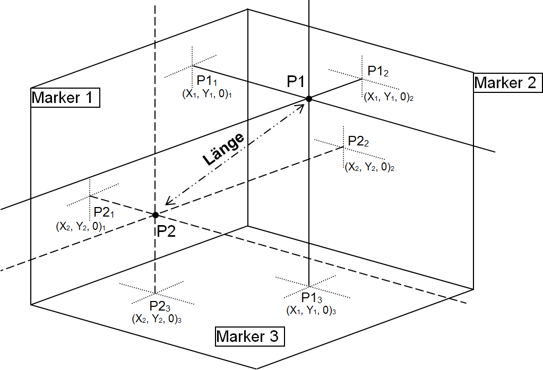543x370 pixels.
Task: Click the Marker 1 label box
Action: pyautogui.click(x=65, y=98)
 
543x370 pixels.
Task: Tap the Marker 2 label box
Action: pyautogui.click(x=507, y=82)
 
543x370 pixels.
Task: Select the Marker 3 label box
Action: pyautogui.click(x=249, y=336)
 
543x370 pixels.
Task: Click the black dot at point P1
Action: pyautogui.click(x=309, y=99)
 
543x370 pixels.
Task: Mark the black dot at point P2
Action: pyautogui.click(x=156, y=215)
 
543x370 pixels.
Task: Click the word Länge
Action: pyautogui.click(x=223, y=149)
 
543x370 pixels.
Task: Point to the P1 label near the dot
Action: pyautogui.click(x=296, y=82)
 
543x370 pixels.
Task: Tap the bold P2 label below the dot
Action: pyautogui.click(x=166, y=231)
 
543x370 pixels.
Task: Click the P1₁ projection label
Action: pyautogui.click(x=206, y=81)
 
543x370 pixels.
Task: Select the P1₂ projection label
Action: pyautogui.click(x=378, y=71)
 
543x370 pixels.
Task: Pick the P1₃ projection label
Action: pyautogui.click(x=312, y=298)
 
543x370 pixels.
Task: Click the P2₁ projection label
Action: pyautogui.click(x=104, y=212)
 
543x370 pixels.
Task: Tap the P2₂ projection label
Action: pyautogui.click(x=358, y=141)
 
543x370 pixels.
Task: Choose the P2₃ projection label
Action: pyautogui.click(x=160, y=306)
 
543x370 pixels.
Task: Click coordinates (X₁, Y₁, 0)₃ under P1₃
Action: pyautogui.click(x=311, y=311)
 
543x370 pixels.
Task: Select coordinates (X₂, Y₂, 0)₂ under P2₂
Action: pyautogui.click(x=369, y=167)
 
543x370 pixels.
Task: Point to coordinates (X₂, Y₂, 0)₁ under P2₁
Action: pyautogui.click(x=81, y=227)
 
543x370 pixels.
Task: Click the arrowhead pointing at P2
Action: pyautogui.click(x=169, y=201)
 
